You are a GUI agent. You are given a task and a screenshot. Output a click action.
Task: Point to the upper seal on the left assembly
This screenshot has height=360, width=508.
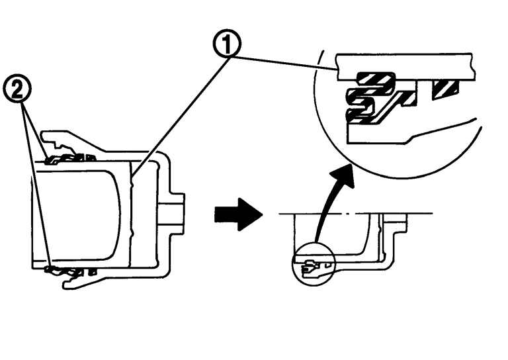[69, 157]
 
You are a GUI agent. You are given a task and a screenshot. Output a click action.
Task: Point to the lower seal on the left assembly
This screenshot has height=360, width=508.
[69, 270]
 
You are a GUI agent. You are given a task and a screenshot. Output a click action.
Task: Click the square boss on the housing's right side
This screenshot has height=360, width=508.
[176, 212]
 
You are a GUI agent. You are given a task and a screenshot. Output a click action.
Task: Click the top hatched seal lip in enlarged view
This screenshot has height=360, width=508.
[374, 79]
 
